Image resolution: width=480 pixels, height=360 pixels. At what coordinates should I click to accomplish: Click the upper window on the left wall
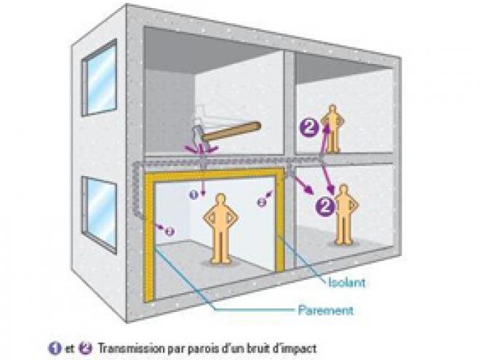coord(100,77)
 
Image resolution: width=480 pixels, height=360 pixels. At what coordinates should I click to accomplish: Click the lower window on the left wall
coord(99,215)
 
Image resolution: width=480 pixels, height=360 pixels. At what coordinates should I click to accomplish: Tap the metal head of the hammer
coord(197,134)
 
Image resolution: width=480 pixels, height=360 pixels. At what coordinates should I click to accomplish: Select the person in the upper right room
coord(332,129)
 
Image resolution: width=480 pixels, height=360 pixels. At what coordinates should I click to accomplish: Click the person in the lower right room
coord(344,215)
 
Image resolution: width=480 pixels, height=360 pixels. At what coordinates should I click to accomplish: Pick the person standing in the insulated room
coord(220,228)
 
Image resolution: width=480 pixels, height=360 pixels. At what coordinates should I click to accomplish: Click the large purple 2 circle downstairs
coord(325,206)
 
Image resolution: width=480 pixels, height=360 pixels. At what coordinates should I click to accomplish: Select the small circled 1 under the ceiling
coord(193,194)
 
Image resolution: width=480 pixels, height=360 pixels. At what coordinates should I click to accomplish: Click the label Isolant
coord(347,282)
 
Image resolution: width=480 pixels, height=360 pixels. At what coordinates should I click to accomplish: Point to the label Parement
coord(326,311)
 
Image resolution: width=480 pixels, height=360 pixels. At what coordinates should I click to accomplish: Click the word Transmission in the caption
coord(132,348)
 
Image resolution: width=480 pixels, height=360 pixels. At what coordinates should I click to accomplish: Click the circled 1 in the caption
coord(55,348)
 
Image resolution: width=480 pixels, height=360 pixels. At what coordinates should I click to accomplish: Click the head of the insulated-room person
coord(220,199)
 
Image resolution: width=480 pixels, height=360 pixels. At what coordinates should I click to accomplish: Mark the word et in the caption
coord(69,348)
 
